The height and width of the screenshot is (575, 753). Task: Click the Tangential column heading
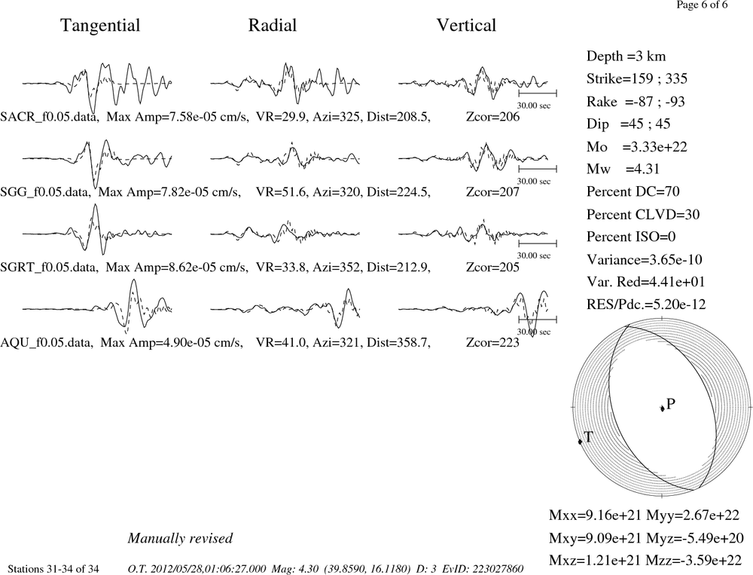pos(100,26)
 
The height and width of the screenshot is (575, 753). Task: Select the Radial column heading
pos(273,26)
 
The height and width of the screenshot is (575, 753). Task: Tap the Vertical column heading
pos(466,26)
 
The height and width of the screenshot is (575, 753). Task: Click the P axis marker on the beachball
pos(662,408)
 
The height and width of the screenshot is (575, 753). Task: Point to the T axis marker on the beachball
pos(580,441)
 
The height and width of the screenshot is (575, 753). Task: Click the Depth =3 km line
pos(626,57)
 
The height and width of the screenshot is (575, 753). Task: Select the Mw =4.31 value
pos(623,170)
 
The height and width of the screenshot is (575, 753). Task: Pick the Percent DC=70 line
pos(633,192)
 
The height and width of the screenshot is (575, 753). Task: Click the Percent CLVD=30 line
pos(643,215)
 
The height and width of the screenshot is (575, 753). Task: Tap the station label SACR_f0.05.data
pos(50,117)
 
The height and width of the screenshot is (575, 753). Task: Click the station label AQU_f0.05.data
pos(47,343)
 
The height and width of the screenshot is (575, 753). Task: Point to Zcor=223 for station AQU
pos(492,343)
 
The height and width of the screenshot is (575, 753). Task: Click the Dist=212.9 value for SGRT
pos(398,268)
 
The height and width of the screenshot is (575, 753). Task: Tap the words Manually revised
pos(180,538)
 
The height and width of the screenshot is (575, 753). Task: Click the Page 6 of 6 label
pos(702,5)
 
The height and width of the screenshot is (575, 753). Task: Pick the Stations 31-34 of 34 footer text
pos(53,569)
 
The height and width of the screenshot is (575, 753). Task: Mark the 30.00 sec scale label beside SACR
pos(534,106)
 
